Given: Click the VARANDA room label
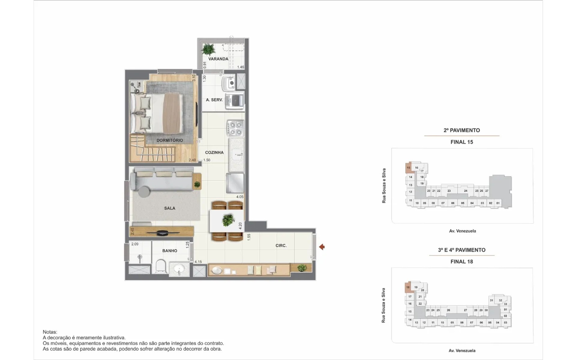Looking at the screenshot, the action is click(x=218, y=59).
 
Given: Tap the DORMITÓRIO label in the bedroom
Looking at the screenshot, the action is click(x=169, y=140).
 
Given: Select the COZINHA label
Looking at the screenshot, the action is click(x=214, y=152).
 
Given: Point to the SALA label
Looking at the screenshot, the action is click(x=169, y=208).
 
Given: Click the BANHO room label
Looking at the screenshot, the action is click(x=169, y=251).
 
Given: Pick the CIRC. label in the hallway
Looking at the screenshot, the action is click(x=281, y=245).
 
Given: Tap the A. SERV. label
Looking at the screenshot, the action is click(x=214, y=100).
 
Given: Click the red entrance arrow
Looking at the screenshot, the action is click(x=322, y=247).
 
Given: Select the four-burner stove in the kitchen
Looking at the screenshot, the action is click(x=235, y=128).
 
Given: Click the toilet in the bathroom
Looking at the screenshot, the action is click(x=160, y=266).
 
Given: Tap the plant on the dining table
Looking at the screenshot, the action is click(x=228, y=220).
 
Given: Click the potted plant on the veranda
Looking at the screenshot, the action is click(x=208, y=49).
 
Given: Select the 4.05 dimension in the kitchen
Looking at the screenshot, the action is click(x=240, y=197).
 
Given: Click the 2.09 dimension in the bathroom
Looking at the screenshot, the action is click(x=135, y=244).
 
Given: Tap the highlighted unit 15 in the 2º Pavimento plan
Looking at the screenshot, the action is click(x=408, y=168).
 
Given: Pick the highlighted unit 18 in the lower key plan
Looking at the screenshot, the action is click(x=408, y=287).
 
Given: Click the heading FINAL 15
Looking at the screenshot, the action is click(x=462, y=142).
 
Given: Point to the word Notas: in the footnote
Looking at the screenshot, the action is click(x=50, y=332).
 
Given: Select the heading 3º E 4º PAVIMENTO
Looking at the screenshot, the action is click(x=462, y=250).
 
